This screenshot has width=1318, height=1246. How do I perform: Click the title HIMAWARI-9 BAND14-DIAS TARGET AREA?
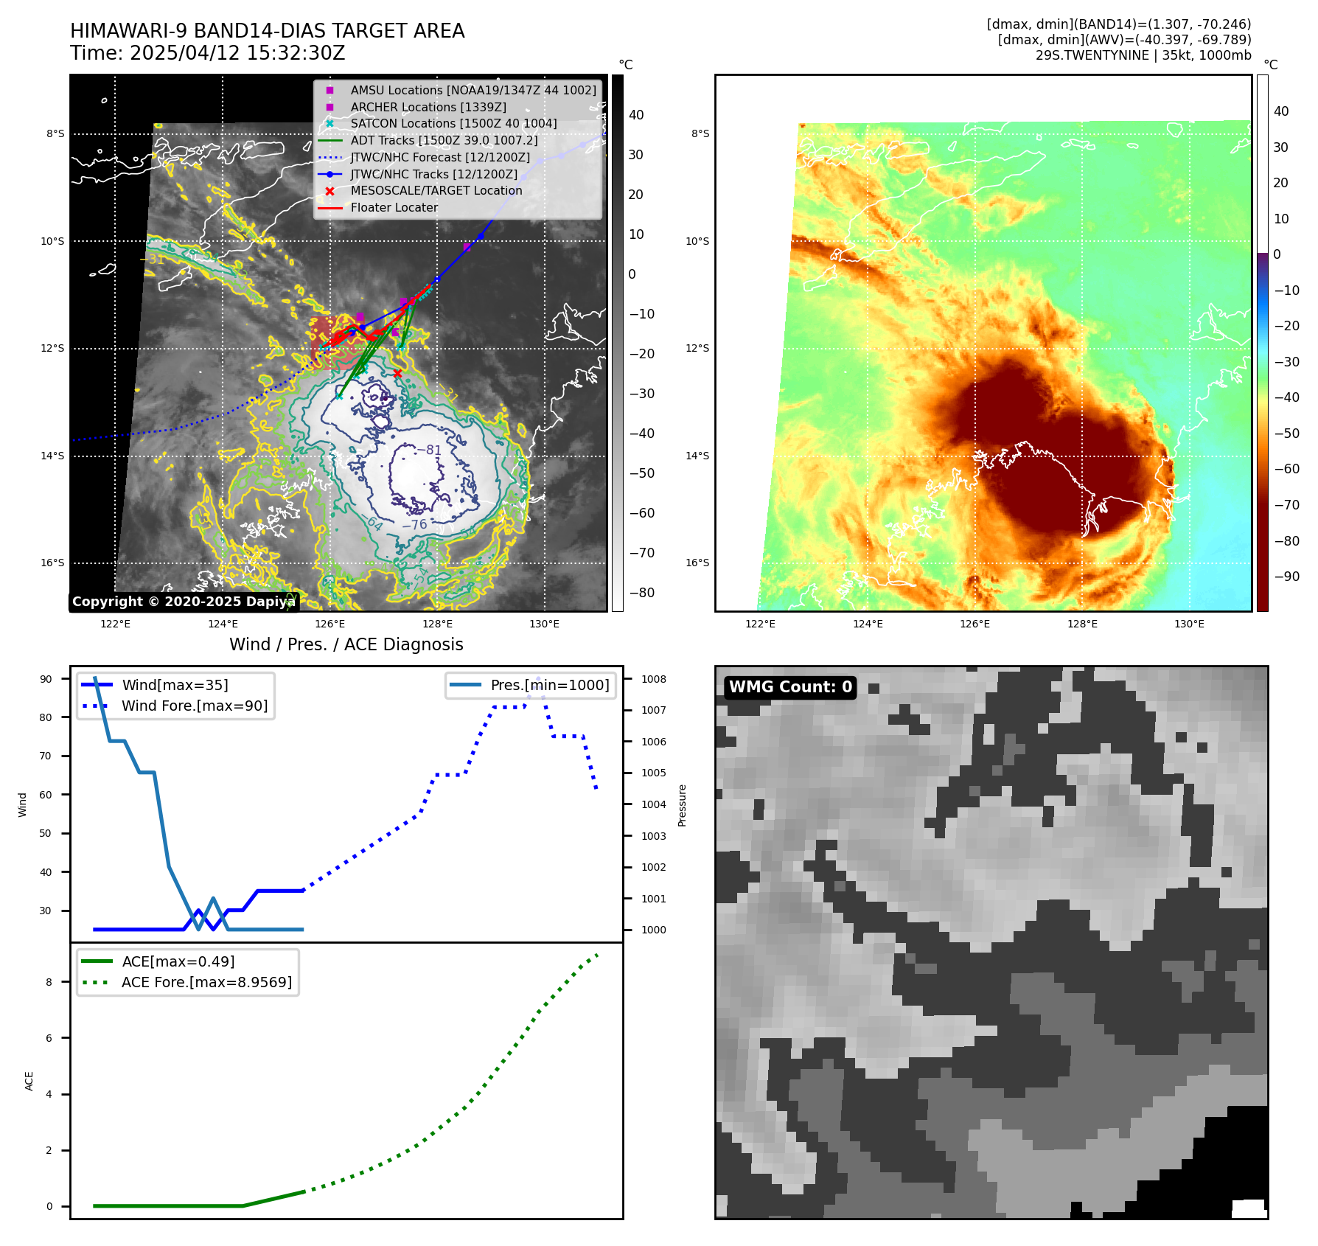(267, 31)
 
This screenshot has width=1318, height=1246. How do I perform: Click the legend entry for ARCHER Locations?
(428, 107)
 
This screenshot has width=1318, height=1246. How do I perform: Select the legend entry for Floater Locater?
(394, 208)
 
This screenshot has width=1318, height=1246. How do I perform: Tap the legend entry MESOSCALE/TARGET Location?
(436, 191)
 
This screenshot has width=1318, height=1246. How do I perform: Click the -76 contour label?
(414, 524)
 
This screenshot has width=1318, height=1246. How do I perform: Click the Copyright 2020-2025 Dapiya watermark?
(184, 602)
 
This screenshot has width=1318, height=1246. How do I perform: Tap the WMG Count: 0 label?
(790, 687)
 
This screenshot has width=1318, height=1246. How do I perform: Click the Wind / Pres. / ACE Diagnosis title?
(346, 644)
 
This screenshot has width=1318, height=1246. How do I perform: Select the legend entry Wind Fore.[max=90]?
(195, 706)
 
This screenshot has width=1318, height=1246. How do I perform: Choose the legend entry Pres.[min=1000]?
(550, 686)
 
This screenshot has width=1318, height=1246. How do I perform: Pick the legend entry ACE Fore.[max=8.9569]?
(206, 983)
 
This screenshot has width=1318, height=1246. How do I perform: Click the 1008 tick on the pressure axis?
(653, 679)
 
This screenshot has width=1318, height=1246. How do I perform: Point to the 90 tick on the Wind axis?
(46, 679)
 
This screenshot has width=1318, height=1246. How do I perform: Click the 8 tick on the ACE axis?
(49, 982)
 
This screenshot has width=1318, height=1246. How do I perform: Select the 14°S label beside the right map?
(697, 456)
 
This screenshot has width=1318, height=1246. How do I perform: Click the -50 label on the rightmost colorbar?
(1287, 434)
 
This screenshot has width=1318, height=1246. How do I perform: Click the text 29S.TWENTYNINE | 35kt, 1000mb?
(1143, 55)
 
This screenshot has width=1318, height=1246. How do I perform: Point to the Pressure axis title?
(682, 805)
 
